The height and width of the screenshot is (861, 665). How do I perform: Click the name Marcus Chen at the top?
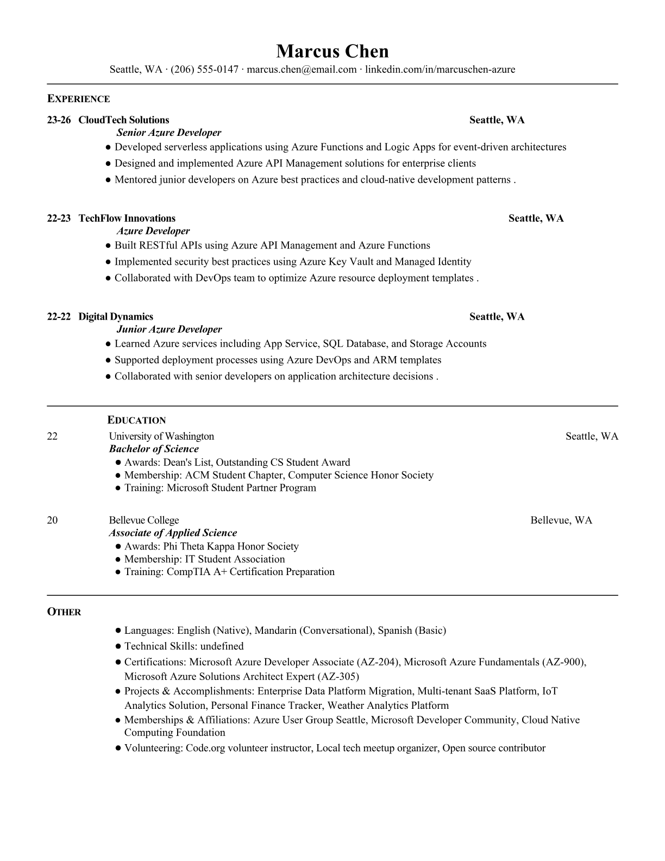coord(332,51)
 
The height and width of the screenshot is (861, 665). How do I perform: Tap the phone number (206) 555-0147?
coord(204,69)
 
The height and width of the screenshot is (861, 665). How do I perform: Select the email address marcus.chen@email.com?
coord(302,69)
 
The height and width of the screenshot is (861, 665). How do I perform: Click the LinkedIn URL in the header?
coord(440,69)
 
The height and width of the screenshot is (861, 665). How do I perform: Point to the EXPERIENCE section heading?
coord(78,99)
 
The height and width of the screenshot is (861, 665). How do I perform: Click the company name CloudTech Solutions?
coord(124,120)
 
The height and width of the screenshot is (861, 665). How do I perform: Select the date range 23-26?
coord(59,120)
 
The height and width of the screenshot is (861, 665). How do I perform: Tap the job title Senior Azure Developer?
coord(169,133)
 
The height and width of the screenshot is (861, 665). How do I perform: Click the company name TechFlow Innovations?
coord(127,219)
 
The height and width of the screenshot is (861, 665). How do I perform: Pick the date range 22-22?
coord(59,317)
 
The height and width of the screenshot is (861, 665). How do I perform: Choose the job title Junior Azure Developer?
coord(169,329)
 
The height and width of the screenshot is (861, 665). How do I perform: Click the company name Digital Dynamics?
coord(116,317)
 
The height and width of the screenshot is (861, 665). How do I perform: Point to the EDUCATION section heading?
coord(136,420)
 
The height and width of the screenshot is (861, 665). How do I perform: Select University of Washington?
coord(161,436)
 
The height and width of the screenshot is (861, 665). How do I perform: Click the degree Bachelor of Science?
coord(154,449)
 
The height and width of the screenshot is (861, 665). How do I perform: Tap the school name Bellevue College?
coord(143,521)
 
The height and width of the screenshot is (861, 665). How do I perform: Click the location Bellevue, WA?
coord(561,521)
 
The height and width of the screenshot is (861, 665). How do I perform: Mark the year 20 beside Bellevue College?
coord(52,521)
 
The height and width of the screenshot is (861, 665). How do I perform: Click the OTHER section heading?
coord(64,612)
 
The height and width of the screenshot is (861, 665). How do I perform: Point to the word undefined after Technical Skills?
coord(222,646)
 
